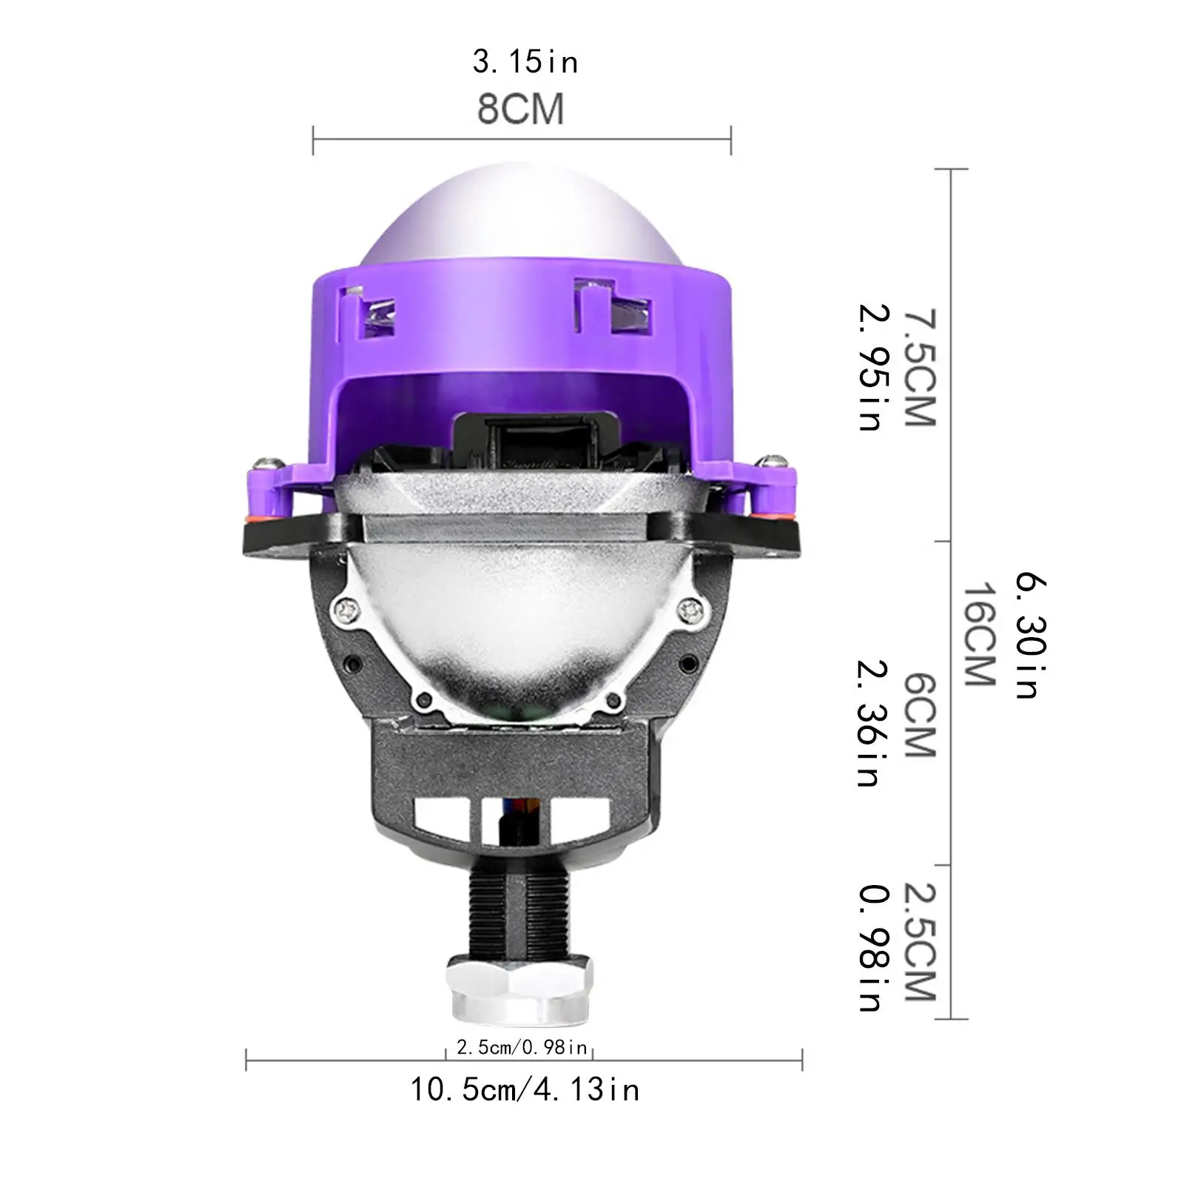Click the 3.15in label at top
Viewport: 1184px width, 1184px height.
tap(525, 62)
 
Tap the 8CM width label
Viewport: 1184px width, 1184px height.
tap(520, 110)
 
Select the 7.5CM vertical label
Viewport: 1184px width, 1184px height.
tap(920, 368)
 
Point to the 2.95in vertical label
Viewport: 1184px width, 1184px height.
tap(871, 368)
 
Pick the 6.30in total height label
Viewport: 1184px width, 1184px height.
tap(1029, 634)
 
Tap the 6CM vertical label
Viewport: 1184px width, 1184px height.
tap(920, 714)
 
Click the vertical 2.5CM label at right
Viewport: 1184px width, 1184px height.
tap(920, 941)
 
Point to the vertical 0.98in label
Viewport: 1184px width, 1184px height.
tap(871, 947)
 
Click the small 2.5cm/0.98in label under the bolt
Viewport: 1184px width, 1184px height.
tap(522, 1047)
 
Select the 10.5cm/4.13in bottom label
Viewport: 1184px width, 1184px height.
tap(525, 1090)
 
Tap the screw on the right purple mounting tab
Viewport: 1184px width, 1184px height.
tap(775, 462)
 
